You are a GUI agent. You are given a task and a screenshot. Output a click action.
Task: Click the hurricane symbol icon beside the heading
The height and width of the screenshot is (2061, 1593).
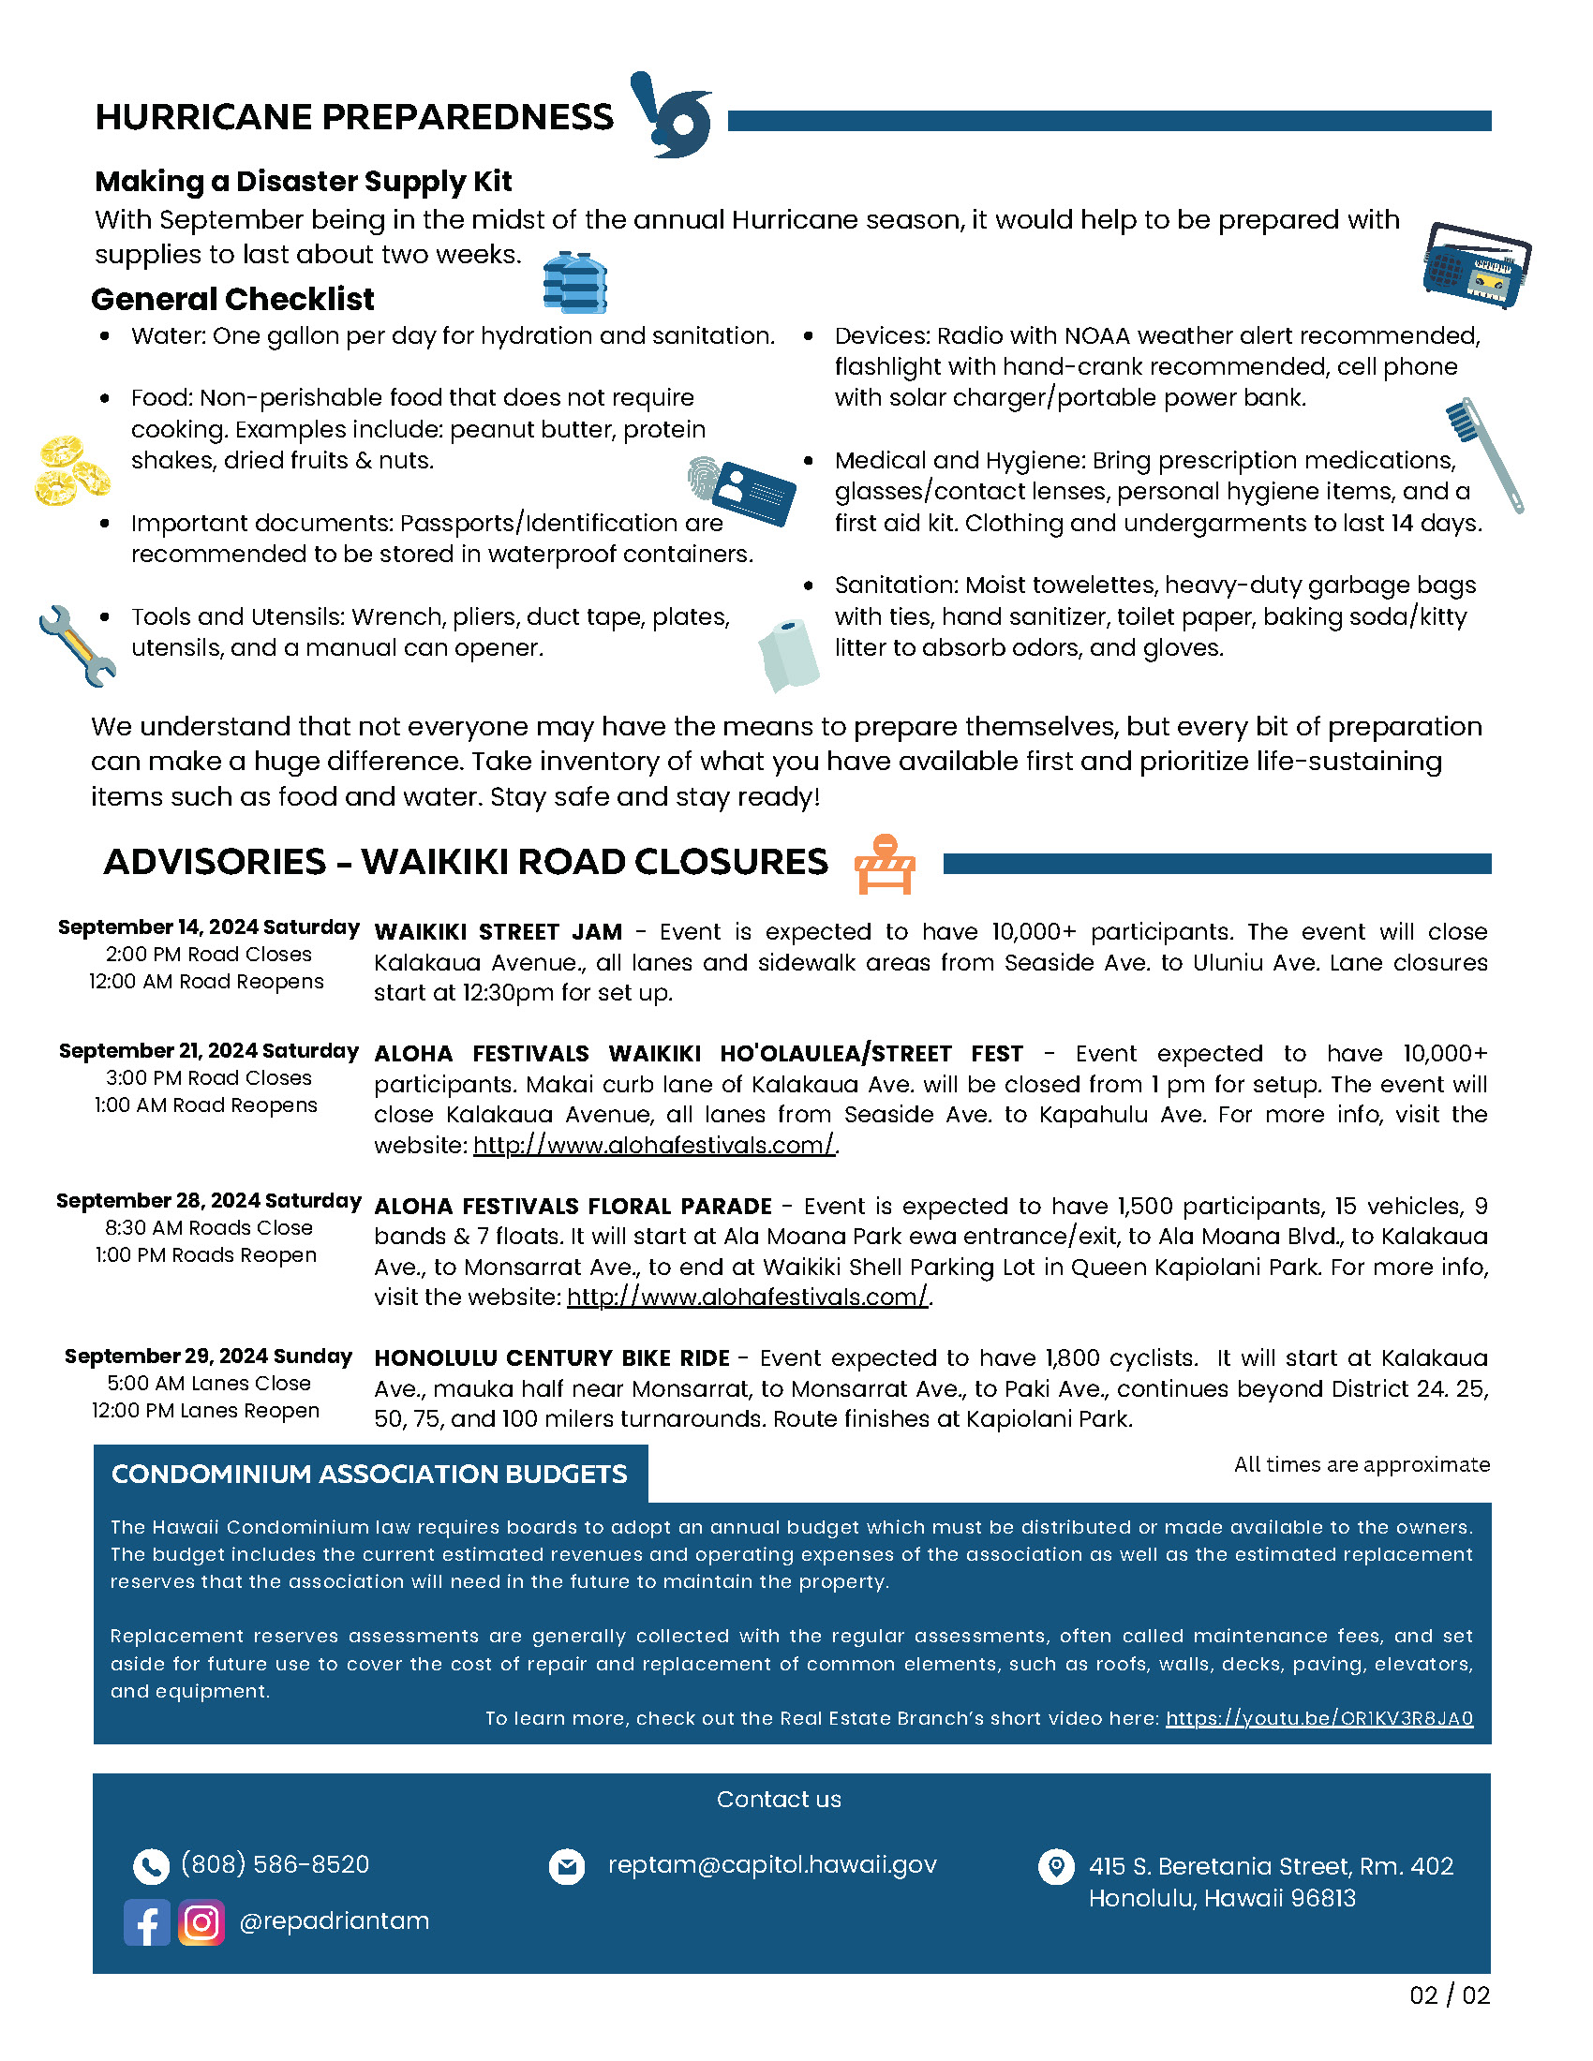672,115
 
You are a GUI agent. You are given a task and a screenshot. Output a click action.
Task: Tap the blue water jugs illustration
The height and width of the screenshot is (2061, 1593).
574,282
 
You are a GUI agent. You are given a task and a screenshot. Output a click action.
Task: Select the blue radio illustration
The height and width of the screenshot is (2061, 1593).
1476,266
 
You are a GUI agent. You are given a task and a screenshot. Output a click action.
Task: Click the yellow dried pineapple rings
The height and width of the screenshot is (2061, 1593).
72,470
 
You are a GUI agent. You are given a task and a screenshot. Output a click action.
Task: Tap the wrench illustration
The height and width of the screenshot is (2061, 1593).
77,645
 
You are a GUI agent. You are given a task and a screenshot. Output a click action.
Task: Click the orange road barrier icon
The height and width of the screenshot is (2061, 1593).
885,864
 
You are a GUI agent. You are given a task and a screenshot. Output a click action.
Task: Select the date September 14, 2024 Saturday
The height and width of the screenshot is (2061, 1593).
209,927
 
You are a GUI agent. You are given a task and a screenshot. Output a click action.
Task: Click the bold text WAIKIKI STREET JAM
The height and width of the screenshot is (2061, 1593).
498,931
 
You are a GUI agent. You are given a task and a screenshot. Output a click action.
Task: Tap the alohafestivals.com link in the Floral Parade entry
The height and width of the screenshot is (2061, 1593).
748,1297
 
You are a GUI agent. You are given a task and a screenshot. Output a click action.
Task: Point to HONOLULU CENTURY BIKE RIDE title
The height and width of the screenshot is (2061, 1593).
551,1358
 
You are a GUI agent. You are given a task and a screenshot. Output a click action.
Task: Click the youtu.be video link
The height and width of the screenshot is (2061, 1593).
1318,1717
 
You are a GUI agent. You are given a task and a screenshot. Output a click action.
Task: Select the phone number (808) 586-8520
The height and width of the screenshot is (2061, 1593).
275,1863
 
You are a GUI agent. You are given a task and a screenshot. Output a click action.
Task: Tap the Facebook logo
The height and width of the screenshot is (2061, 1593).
146,1922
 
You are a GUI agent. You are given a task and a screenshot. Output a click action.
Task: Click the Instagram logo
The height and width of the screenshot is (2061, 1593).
201,1922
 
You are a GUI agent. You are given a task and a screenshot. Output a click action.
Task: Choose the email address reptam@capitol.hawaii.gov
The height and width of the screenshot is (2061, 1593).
772,1863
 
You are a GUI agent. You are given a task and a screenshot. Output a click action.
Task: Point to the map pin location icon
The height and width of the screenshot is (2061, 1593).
1055,1865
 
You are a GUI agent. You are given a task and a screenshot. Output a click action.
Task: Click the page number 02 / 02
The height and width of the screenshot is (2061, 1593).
1449,1994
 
